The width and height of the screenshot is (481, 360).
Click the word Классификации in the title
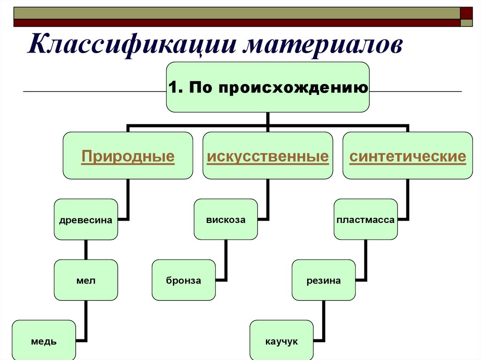[132, 45]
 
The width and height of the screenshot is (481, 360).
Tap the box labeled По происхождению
[268, 87]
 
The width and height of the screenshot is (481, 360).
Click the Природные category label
[128, 156]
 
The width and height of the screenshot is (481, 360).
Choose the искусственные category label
[268, 156]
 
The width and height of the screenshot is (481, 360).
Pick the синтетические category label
[408, 156]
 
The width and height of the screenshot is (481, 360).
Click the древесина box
[86, 220]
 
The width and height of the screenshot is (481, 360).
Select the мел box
[86, 280]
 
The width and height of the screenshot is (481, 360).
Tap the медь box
[44, 340]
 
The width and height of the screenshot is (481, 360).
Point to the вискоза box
[226, 220]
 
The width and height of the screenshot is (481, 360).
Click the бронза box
[184, 280]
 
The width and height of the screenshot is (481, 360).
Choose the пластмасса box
[365, 220]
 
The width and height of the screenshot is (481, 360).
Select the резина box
[324, 280]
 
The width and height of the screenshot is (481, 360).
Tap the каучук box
[282, 340]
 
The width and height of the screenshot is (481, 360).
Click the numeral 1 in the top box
[173, 87]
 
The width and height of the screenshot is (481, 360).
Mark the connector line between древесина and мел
[86, 250]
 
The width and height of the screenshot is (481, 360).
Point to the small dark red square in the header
[466, 13]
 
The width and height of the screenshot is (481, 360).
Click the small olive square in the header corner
[466, 23]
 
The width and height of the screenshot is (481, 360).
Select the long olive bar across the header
[237, 13]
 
